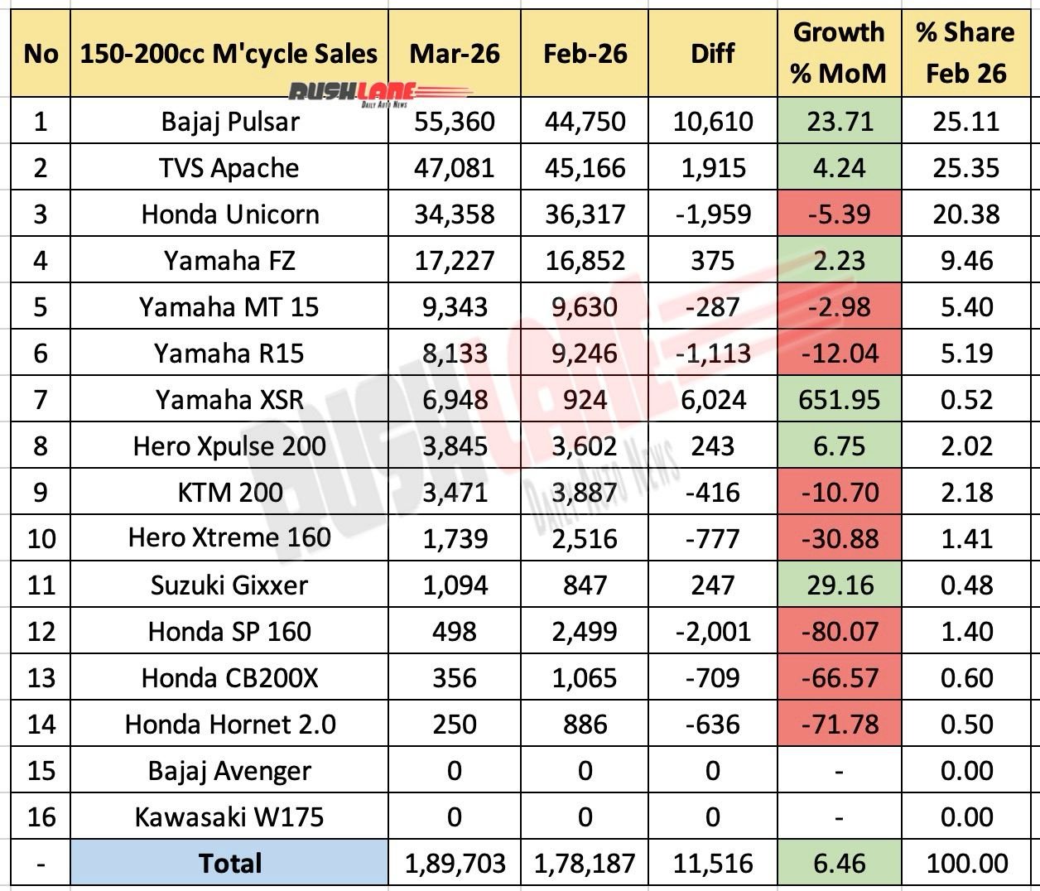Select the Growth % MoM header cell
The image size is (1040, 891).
coord(839,53)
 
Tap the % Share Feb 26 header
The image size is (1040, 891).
coord(965,53)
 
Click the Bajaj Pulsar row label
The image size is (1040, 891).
coord(230,122)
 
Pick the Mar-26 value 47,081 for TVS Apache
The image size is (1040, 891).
coord(454,168)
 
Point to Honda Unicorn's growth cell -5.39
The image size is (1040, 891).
coord(839,214)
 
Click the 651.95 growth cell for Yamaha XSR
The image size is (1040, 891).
coord(839,400)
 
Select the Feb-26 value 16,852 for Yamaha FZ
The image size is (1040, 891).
coord(585,261)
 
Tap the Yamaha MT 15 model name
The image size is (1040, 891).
coord(229,307)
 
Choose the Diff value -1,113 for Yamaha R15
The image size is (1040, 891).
coord(712,354)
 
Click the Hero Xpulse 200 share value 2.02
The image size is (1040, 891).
coord(965,446)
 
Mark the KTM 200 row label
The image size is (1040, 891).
coord(230,493)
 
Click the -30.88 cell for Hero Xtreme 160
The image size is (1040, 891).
coord(839,538)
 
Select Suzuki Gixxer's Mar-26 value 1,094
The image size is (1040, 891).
coord(454,585)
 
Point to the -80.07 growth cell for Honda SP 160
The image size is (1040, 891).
coord(839,632)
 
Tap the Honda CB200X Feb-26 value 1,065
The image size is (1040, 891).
coord(585,678)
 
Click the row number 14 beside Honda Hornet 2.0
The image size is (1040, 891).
coord(41,725)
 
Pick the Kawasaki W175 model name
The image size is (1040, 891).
coord(229,817)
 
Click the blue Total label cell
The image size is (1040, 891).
coord(229,864)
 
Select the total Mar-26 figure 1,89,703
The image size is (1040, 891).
coord(454,864)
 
